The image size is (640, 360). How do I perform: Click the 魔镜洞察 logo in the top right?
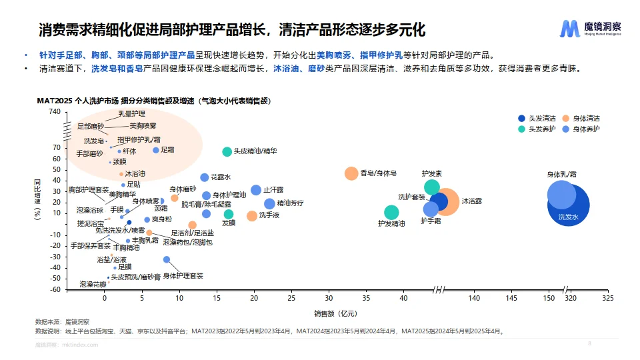coord(590,29)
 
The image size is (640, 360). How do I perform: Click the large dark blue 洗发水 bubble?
coord(569,207)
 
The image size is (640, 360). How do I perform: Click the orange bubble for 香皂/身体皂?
coord(351,173)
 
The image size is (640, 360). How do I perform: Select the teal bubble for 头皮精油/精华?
coord(227,152)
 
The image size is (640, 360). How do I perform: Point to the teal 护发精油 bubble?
coord(391,212)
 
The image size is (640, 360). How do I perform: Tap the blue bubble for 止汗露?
coord(256,190)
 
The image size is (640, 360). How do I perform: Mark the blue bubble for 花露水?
coord(205,178)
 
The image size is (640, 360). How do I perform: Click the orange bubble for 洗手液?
coord(252,215)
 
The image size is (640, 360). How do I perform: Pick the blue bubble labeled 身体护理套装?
coord(167,259)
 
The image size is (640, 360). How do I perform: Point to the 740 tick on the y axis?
coord(55,111)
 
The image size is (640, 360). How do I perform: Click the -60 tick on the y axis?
coord(55,290)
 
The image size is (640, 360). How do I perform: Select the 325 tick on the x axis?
coord(607,299)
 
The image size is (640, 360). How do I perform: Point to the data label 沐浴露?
coord(472,201)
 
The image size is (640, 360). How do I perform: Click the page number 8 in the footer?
coord(589,344)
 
